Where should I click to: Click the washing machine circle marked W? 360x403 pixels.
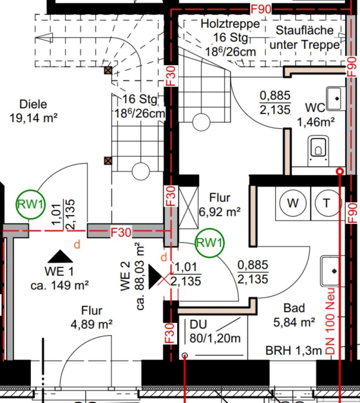coord(293,203)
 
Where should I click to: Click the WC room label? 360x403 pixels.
coord(315,108)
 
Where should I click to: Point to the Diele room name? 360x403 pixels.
coord(33,104)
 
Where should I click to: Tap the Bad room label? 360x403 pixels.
coord(294,308)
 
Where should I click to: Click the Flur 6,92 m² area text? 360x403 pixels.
coord(220,212)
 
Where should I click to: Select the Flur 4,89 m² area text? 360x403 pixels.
coord(92,324)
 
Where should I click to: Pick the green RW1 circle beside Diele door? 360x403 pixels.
coord(31,204)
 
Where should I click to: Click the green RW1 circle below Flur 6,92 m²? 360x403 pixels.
coord(209,243)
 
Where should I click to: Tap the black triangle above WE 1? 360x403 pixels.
coord(60,256)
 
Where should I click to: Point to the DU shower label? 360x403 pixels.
coord(198,324)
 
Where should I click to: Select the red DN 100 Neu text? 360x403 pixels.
coord(330,321)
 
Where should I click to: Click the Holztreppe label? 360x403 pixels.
coord(230,24)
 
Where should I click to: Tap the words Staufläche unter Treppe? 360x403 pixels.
coord(305,37)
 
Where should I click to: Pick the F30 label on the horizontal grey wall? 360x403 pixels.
coord(121,232)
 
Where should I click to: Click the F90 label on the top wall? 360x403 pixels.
coord(261,9)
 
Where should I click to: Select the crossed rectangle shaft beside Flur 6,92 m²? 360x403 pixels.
coord(188,208)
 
